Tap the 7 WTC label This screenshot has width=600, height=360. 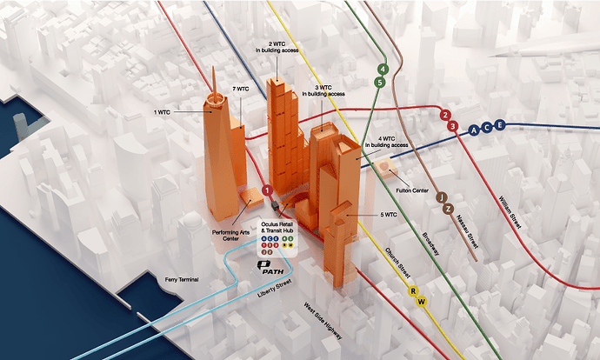click(241, 89)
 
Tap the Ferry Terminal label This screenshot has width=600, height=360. click(183, 279)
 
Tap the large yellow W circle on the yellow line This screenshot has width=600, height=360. click(422, 302)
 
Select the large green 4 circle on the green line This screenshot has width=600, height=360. click(382, 69)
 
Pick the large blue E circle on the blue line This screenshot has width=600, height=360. click(499, 126)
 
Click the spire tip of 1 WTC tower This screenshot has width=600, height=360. click(212, 70)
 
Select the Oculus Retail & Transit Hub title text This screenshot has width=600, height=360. click(274, 224)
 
